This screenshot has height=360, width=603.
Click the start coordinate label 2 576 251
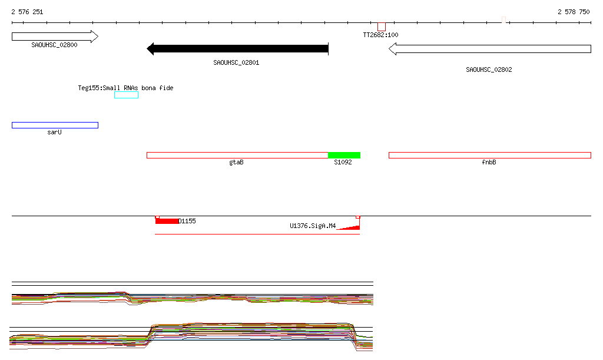27,12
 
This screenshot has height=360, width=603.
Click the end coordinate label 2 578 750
574,12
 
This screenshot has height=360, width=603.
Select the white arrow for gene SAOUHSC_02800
55,37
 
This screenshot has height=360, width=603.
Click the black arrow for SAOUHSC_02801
238,48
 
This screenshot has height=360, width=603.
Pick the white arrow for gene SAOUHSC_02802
489,49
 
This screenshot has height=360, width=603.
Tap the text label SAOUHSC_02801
236,62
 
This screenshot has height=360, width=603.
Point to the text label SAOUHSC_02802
489,70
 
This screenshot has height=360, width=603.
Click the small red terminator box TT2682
382,27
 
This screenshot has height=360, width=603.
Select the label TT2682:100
381,35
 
